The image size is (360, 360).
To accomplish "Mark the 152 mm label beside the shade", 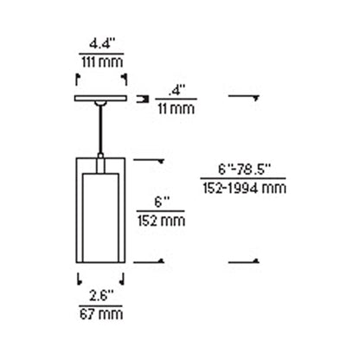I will (x=158, y=221).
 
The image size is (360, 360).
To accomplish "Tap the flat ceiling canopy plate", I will (x=102, y=99).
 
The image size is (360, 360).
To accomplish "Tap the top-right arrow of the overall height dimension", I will (x=254, y=99).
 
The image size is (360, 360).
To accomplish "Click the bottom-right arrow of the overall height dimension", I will (x=254, y=260).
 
